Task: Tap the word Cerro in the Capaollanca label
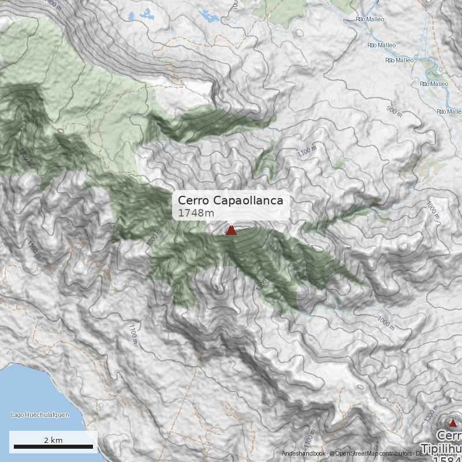[194, 200]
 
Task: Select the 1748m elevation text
[196, 213]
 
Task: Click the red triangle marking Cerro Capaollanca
[231, 230]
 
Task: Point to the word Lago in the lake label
[17, 415]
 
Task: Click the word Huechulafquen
[47, 415]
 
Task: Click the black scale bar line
[53, 447]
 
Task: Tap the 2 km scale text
[53, 440]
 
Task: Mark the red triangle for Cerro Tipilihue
[453, 423]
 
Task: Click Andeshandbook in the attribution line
[304, 454]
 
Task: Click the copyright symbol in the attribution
[331, 454]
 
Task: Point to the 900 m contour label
[394, 111]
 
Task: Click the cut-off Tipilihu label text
[441, 448]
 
